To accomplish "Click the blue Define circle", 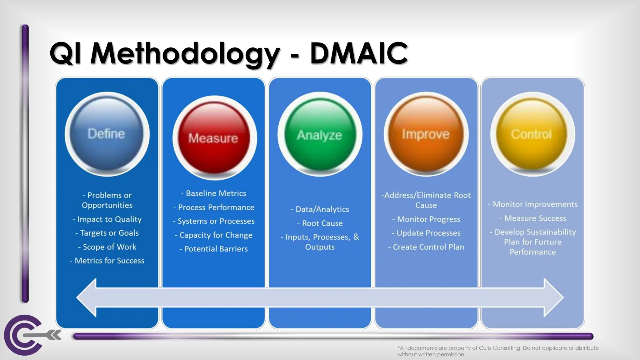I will (107, 134).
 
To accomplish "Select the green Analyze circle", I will (320, 135).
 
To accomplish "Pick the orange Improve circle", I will (426, 134).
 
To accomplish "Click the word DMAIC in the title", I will (359, 53).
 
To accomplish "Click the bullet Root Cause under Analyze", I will (320, 223).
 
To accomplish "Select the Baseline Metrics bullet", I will (214, 193).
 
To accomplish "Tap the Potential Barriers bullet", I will (214, 249).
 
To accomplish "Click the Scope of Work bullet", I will (107, 247).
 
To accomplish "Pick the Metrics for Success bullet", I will (107, 261).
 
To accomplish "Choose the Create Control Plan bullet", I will (426, 247).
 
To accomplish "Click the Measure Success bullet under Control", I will (533, 218).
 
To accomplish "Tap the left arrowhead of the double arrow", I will (87, 297).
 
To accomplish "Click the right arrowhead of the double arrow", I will (553, 297).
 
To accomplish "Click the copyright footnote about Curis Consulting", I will (497, 351).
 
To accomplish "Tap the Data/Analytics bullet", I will (320, 209).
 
